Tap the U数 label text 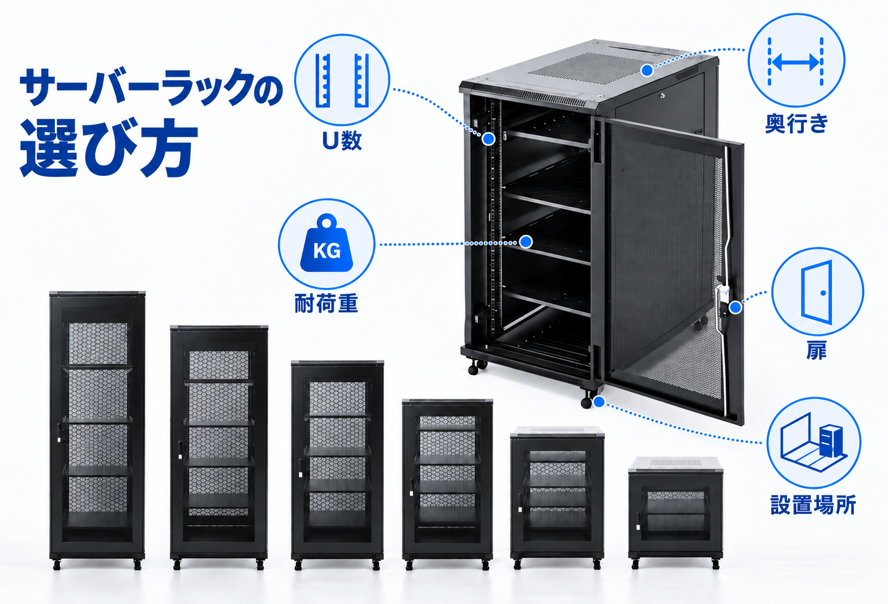[x=342, y=141]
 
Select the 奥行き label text [x=796, y=124]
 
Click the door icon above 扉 [x=817, y=292]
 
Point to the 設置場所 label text [x=813, y=505]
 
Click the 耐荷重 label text [x=326, y=303]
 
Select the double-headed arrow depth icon [x=796, y=63]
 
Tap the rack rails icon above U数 [x=342, y=80]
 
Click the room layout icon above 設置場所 [x=813, y=442]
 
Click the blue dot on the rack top [x=647, y=70]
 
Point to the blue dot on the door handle [x=736, y=307]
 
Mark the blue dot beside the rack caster [x=598, y=402]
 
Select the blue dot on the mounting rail [x=489, y=139]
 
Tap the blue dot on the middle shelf [x=525, y=241]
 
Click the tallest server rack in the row [x=97, y=431]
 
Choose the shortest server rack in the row [x=675, y=513]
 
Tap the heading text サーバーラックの [x=151, y=86]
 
